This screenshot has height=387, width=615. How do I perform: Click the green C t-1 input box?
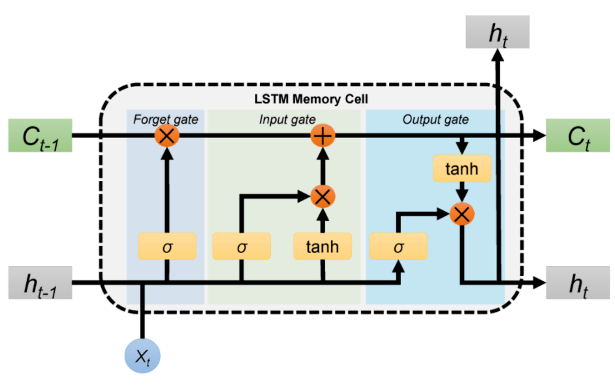pos(38,136)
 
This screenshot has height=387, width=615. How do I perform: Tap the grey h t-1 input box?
pos(38,282)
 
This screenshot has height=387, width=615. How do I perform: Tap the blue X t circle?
pos(142,356)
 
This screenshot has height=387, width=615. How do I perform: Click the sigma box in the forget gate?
pos(166,246)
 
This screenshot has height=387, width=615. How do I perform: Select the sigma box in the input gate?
pos(242,246)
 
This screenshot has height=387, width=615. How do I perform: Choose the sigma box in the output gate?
pos(398,246)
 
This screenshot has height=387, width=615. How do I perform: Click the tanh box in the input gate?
pos(323,246)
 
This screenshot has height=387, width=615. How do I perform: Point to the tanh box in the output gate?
pos(462,169)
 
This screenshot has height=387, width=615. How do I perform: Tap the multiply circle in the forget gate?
pos(167,136)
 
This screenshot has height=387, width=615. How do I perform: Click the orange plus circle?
pos(323,136)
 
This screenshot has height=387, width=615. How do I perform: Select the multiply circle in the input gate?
pos(323,195)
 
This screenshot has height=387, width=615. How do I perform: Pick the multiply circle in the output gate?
pos(462,212)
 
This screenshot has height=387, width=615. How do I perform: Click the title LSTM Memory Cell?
pos(311,100)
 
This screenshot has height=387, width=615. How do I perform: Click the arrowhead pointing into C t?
pos(539,136)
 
